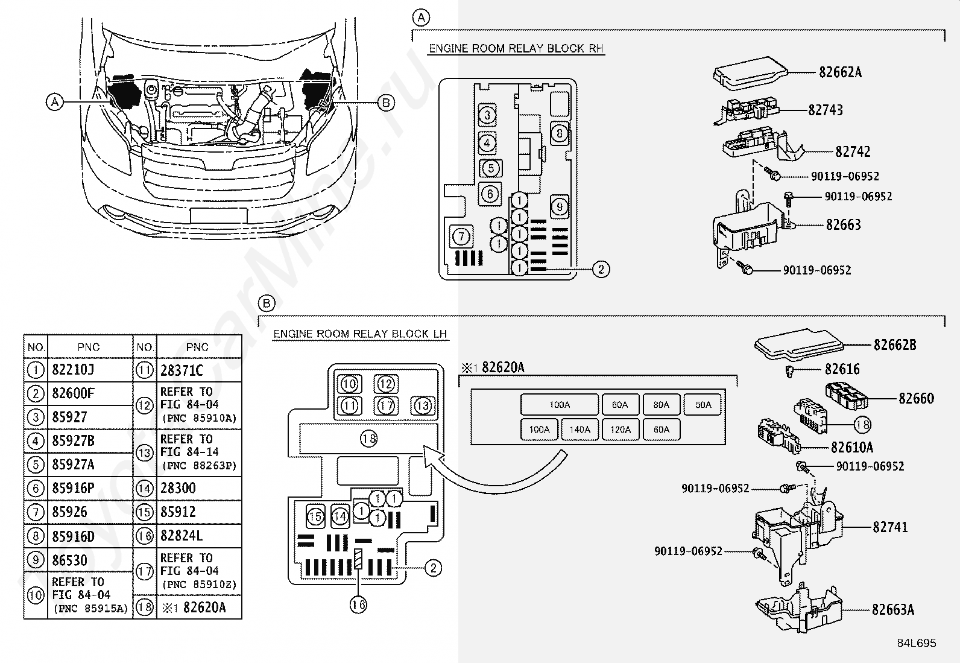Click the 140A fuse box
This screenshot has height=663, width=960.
pyautogui.click(x=579, y=430)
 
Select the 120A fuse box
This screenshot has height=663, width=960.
pyautogui.click(x=620, y=430)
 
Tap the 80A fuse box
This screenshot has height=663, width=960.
pyautogui.click(x=662, y=404)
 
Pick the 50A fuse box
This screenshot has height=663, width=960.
pyautogui.click(x=703, y=404)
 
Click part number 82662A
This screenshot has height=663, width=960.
pyautogui.click(x=840, y=72)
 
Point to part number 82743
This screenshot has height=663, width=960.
pyautogui.click(x=826, y=110)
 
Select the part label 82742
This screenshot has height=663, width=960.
pyautogui.click(x=853, y=151)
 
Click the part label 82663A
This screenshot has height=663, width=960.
pyautogui.click(x=893, y=609)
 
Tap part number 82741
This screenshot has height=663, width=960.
pyautogui.click(x=890, y=527)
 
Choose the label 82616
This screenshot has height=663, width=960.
pyautogui.click(x=842, y=369)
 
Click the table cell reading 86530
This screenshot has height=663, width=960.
pyautogui.click(x=69, y=560)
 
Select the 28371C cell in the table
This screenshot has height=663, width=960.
pyautogui.click(x=182, y=370)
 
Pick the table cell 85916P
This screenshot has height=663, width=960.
pyautogui.click(x=74, y=488)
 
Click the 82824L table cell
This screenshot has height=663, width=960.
pyautogui.click(x=182, y=536)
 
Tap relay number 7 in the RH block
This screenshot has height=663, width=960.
pyautogui.click(x=461, y=236)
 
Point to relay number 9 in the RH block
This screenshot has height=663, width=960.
pyautogui.click(x=559, y=207)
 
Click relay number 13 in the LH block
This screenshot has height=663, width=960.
pyautogui.click(x=423, y=405)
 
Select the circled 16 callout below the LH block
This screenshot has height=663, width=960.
pyautogui.click(x=358, y=604)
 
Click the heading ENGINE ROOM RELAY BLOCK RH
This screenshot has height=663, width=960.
pyautogui.click(x=516, y=48)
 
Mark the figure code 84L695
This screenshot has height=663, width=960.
pyautogui.click(x=917, y=643)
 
